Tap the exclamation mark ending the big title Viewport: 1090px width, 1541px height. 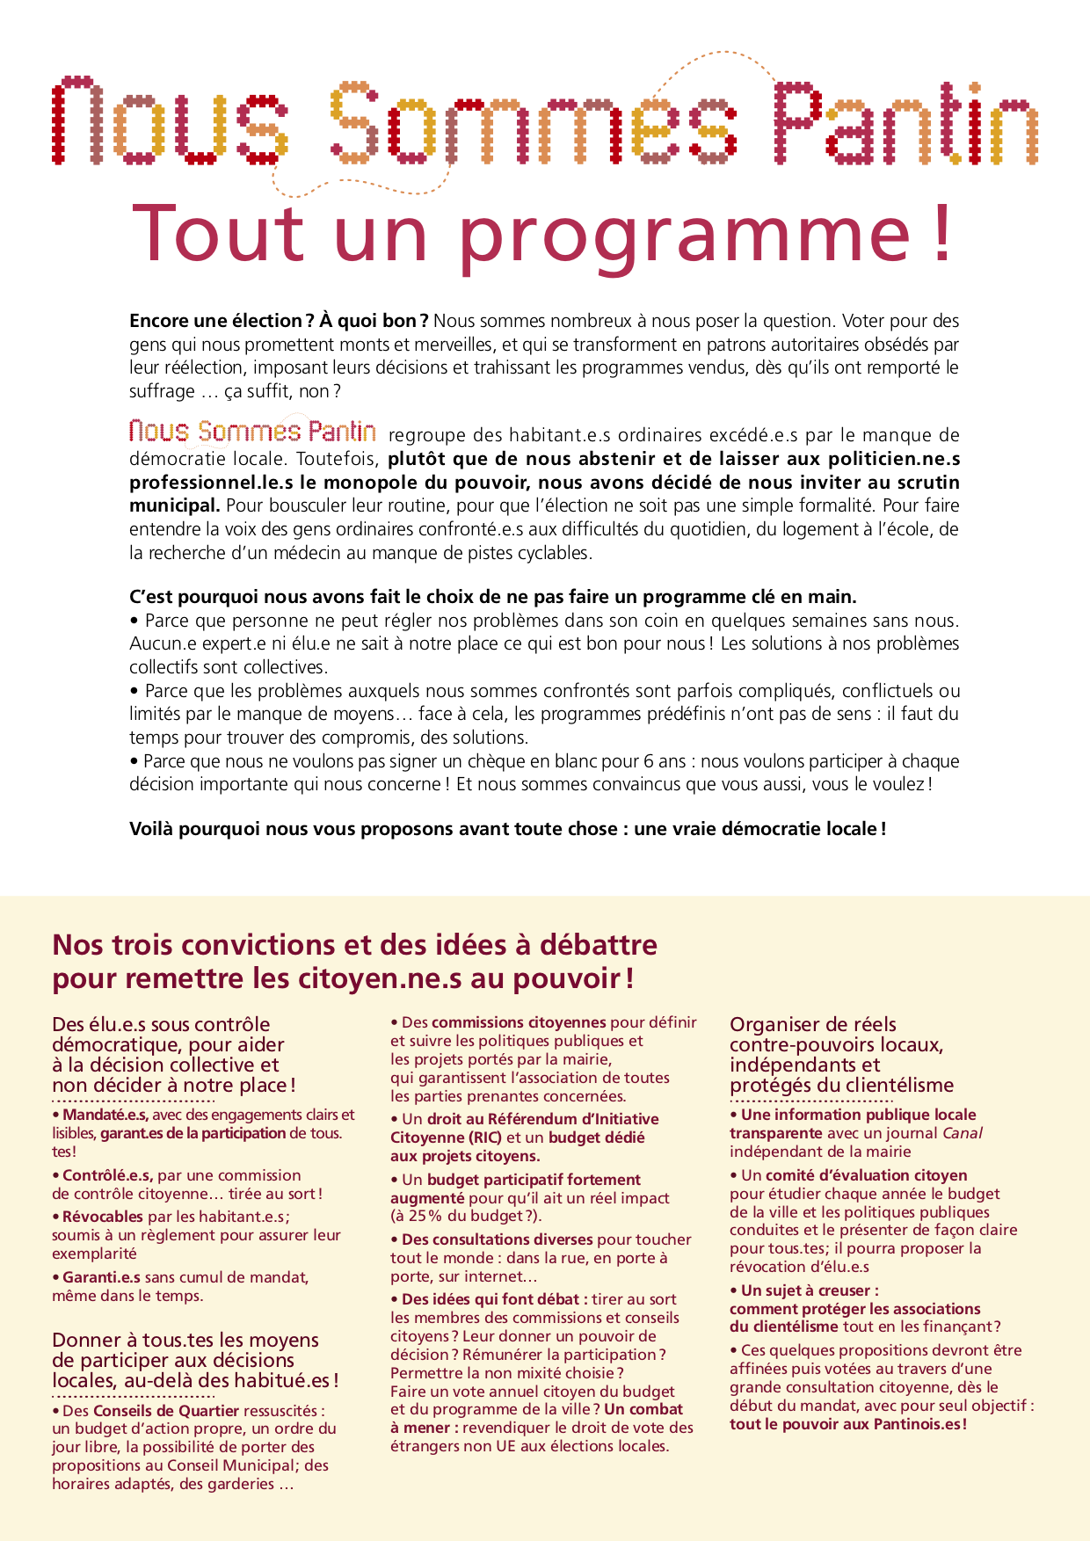point(941,233)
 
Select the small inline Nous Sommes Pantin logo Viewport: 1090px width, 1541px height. point(253,432)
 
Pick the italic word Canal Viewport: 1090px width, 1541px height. point(963,1133)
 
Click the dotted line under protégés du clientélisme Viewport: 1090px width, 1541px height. point(810,1101)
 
